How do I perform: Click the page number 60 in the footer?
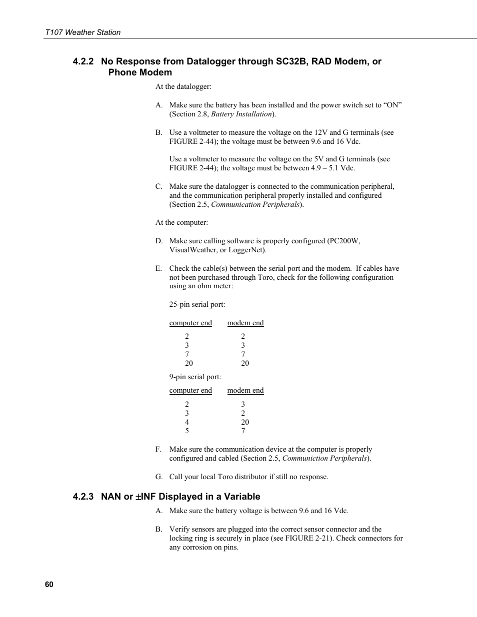48,585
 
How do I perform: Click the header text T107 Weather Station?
82,32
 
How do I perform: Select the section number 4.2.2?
83,61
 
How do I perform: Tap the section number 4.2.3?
83,497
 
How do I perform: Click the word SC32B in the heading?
289,61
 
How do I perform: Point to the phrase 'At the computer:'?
181,222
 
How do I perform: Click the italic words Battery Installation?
241,114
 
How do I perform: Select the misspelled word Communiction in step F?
306,458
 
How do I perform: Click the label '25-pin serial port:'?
197,304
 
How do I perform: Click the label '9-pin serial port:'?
195,377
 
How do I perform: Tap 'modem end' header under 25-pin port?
245,323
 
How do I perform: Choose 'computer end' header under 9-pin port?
190,390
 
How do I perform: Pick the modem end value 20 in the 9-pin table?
244,422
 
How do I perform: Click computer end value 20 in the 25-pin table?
188,363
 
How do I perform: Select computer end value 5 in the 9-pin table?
187,431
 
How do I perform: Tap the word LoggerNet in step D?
247,250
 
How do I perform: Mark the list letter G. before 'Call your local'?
158,477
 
